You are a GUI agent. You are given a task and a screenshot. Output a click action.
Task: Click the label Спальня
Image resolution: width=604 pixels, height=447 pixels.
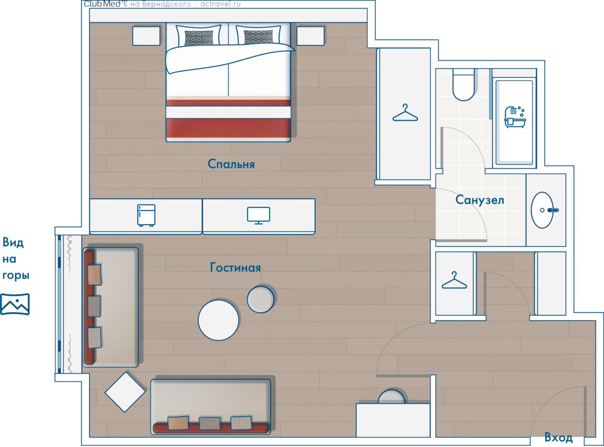pyautogui.click(x=231, y=164)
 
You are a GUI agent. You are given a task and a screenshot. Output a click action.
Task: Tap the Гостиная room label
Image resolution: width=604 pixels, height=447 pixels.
pyautogui.click(x=235, y=267)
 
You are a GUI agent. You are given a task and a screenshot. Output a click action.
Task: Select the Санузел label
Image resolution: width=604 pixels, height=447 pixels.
pyautogui.click(x=480, y=200)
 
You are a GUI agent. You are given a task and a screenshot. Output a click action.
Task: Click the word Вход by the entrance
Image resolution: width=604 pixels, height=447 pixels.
pyautogui.click(x=559, y=438)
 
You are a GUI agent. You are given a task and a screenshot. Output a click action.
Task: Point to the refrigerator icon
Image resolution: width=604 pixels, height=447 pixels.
pyautogui.click(x=147, y=215)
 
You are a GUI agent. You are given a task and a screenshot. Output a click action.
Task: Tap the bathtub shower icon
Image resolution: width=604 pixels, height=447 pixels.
pyautogui.click(x=515, y=117)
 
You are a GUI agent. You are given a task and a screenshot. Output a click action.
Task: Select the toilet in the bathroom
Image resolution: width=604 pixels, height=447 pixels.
pyautogui.click(x=464, y=85)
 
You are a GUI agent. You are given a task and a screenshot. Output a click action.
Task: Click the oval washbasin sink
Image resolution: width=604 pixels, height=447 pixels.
pyautogui.click(x=542, y=210)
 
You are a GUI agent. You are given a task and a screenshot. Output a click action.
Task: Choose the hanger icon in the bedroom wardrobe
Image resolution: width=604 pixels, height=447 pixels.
pyautogui.click(x=405, y=113)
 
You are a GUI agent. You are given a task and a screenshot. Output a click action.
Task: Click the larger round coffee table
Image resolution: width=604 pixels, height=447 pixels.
pyautogui.click(x=219, y=320)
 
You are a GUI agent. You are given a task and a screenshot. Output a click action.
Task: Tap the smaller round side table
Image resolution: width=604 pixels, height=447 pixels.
pyautogui.click(x=261, y=299)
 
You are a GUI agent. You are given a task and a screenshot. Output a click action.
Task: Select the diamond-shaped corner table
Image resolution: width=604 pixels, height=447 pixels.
pyautogui.click(x=125, y=392)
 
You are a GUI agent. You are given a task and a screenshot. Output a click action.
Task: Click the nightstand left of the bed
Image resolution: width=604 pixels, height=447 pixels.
pyautogui.click(x=147, y=36)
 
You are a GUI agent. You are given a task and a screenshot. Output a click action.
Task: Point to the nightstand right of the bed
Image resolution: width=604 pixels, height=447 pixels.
pyautogui.click(x=310, y=36)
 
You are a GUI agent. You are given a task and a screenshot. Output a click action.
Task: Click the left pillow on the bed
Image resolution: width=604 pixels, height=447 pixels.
pyautogui.click(x=199, y=36)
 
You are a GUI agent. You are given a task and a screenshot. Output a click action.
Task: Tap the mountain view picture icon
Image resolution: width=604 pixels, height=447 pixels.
pyautogui.click(x=15, y=304)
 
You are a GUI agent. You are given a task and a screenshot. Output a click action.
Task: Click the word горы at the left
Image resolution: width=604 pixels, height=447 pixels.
pyautogui.click(x=16, y=275)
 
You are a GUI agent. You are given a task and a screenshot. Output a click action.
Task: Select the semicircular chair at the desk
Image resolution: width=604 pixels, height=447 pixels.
pyautogui.click(x=391, y=397)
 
